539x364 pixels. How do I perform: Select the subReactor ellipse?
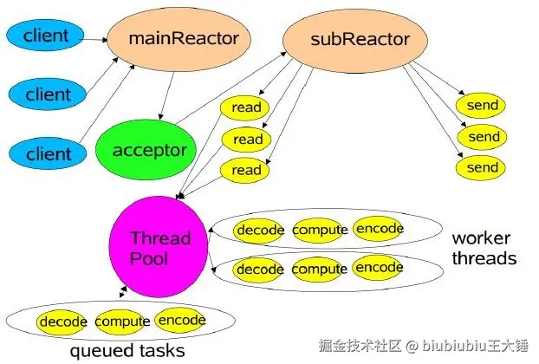click(347, 38)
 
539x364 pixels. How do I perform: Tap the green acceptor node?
click(148, 151)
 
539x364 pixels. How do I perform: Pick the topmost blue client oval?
click(46, 36)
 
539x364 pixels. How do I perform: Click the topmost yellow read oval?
click(246, 108)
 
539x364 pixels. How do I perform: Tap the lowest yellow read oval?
click(246, 170)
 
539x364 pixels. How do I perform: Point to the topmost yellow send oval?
click(483, 106)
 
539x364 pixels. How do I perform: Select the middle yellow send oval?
click(484, 137)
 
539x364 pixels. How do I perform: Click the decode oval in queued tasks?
click(63, 322)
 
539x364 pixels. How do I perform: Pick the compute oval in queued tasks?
click(122, 322)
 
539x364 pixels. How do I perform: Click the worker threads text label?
click(484, 248)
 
